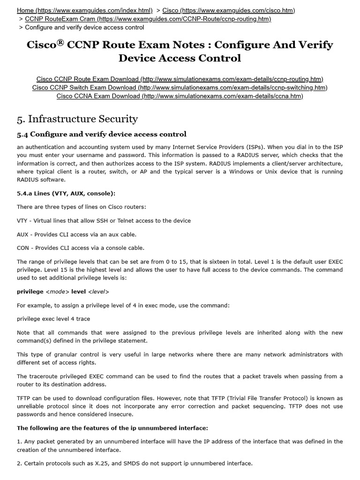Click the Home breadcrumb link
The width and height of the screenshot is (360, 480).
click(84, 10)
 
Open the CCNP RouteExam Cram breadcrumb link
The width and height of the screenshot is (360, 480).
click(148, 19)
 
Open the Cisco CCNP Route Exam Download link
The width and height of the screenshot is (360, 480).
click(180, 79)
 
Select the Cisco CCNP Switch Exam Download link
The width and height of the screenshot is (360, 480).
click(180, 87)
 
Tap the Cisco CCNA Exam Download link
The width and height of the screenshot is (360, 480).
click(180, 96)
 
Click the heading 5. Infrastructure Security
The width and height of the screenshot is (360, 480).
click(77, 119)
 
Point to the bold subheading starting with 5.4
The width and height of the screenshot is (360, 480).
click(102, 135)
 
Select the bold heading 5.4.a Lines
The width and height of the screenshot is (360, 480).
click(66, 193)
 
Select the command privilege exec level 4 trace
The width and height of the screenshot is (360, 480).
click(53, 319)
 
